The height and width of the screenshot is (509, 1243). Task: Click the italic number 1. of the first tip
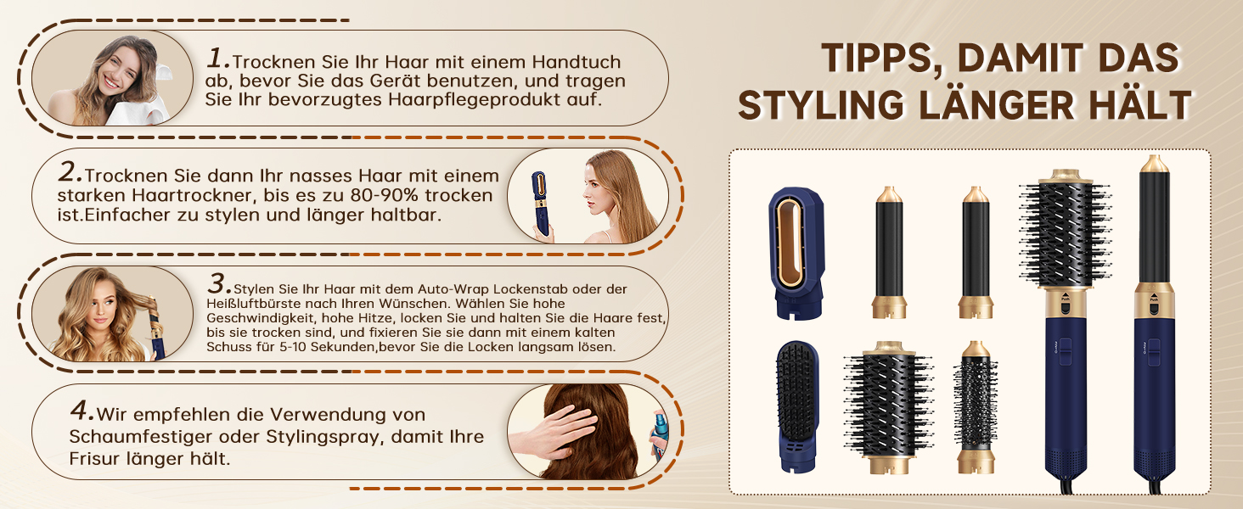coord(217,58)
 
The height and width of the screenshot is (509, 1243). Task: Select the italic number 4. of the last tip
coord(82,411)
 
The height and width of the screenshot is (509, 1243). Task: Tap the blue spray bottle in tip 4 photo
coord(660,436)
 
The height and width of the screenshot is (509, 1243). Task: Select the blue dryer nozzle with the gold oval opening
coord(796,253)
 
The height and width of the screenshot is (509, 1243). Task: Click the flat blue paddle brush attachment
coord(797,406)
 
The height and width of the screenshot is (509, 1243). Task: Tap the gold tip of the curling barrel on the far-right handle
coord(1154,164)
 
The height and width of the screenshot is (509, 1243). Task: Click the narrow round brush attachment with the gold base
coord(976,407)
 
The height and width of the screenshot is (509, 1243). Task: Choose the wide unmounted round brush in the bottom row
coord(888,407)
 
